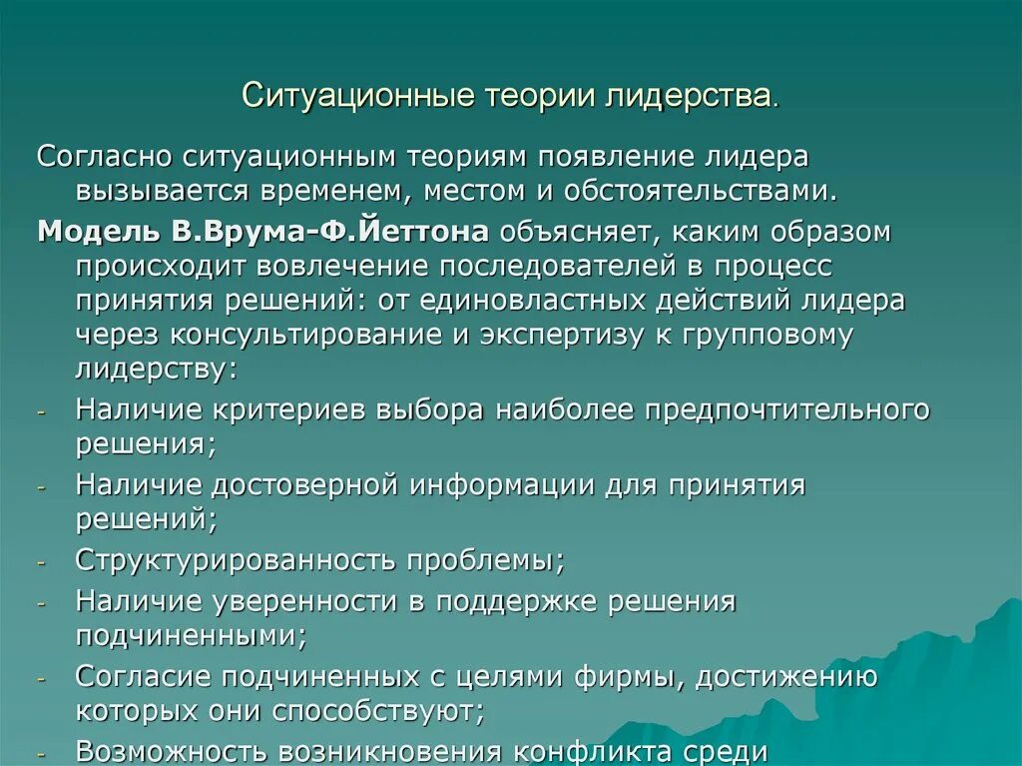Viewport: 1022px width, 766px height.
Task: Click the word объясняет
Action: [576, 232]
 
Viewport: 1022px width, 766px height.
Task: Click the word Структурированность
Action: [238, 559]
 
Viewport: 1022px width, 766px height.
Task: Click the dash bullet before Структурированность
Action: [42, 562]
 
